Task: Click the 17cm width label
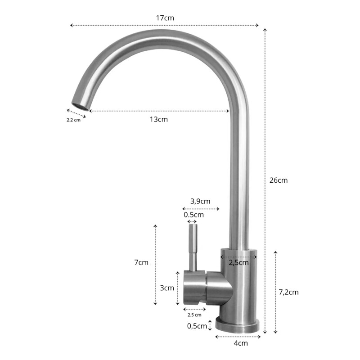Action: [165, 18]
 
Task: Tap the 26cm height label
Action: [278, 180]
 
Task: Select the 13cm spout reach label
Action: [158, 119]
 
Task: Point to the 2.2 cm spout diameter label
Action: [73, 120]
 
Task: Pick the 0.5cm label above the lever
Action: [193, 215]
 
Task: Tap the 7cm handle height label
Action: [141, 262]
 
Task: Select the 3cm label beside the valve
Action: [166, 288]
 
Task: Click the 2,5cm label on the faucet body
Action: [238, 262]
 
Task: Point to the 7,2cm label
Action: [288, 292]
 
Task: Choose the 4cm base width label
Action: [241, 343]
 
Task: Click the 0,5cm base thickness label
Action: [197, 326]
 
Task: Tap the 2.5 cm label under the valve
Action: [195, 315]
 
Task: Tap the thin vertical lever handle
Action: [193, 247]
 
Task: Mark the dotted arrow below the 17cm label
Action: [165, 25]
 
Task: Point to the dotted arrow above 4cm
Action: [238, 336]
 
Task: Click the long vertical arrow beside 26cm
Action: [265, 180]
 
